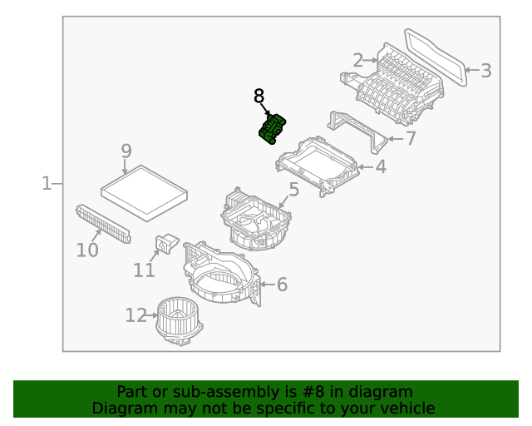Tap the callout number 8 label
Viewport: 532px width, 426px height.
[x=259, y=97]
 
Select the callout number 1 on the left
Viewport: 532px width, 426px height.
[x=47, y=183]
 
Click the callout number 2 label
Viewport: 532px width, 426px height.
[x=358, y=60]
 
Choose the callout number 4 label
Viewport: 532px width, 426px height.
[x=380, y=166]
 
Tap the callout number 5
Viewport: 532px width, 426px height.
[x=293, y=191]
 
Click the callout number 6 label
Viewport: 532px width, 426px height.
[x=282, y=285]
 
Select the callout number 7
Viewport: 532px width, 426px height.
[x=410, y=139]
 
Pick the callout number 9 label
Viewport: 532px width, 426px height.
[x=126, y=151]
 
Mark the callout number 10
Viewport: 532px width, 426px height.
[x=87, y=250]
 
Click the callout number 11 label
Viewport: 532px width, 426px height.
[x=144, y=270]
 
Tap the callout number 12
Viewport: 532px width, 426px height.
[x=135, y=315]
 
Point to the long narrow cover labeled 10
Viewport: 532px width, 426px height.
[x=103, y=223]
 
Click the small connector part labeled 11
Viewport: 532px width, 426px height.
[x=167, y=242]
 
